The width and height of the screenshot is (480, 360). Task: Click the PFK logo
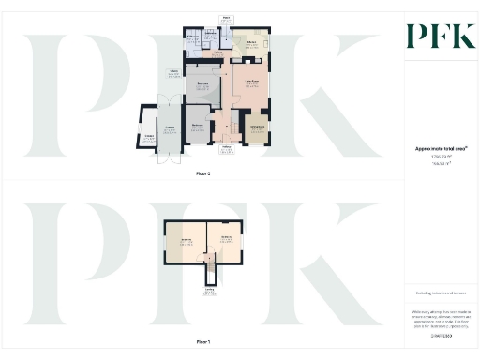point(442,37)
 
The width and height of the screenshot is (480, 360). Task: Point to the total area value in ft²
point(441,157)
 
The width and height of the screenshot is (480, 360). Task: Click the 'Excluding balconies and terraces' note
point(441,293)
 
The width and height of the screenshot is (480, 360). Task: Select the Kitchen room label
point(252,43)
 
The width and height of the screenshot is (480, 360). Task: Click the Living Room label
point(252,84)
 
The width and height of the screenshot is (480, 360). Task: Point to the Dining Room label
point(257,126)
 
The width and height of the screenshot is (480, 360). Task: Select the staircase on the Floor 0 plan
point(224,123)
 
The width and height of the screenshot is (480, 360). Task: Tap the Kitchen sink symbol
point(265,44)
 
